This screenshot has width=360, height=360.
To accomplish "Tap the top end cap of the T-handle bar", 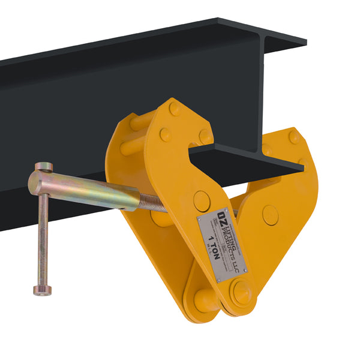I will [x=43, y=167].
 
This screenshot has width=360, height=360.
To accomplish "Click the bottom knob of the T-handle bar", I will [x=42, y=291].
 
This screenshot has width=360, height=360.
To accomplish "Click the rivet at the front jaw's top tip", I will [x=175, y=109].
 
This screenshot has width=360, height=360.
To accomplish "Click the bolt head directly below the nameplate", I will [x=242, y=292].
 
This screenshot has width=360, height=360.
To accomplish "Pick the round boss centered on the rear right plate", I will [x=271, y=215].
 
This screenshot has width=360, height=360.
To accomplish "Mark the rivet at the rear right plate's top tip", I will [x=294, y=136].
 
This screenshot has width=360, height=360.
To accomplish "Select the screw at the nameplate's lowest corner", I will [x=223, y=278].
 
